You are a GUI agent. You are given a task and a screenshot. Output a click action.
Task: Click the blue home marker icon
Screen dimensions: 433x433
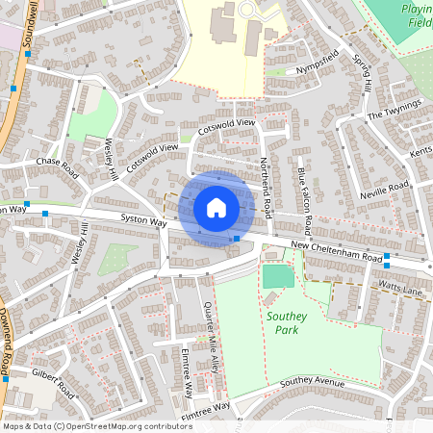216,207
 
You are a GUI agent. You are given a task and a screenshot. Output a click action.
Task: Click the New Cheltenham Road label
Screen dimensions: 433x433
336,252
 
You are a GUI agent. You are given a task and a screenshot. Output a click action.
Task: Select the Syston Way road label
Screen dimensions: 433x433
143,222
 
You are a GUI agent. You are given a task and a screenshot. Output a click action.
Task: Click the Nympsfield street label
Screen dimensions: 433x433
318,62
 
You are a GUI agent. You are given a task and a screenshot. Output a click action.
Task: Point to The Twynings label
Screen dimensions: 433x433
395,111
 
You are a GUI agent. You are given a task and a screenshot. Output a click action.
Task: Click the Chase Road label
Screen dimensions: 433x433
56,163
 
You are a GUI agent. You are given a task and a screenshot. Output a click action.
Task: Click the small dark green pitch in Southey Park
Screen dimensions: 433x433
278,277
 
